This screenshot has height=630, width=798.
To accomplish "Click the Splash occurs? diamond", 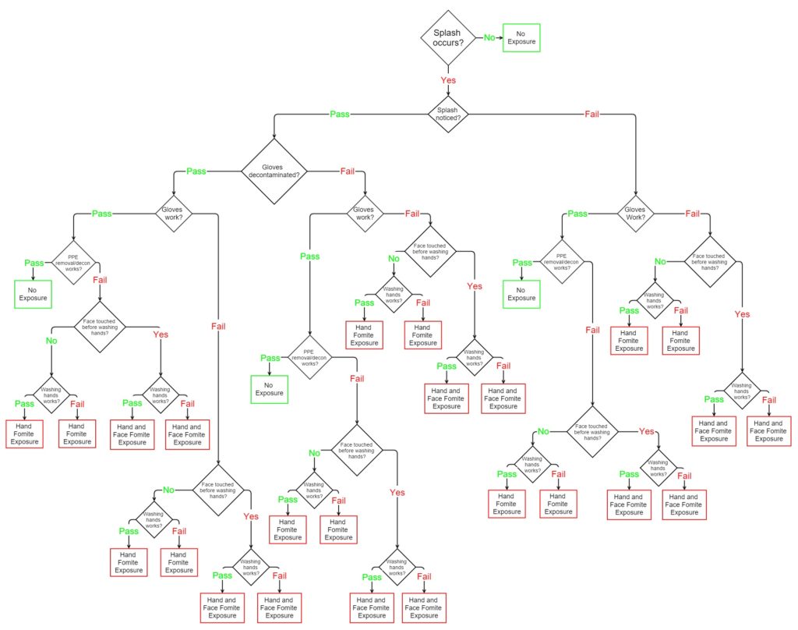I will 448,36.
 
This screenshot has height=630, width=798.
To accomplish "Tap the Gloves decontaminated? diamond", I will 274,171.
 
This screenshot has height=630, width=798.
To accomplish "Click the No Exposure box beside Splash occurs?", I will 521,37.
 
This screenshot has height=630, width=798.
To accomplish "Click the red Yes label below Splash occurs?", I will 448,80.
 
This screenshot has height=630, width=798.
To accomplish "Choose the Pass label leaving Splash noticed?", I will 340,114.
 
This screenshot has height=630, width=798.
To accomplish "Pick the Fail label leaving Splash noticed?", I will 592,114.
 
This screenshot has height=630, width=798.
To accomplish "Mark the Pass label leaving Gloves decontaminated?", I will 196,171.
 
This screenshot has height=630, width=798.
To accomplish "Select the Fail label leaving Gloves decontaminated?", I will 348,171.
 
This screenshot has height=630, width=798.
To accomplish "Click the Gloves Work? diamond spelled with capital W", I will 637,212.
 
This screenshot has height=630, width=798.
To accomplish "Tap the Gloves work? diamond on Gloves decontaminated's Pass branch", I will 171,213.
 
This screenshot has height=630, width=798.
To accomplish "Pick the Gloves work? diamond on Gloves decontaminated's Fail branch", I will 364,213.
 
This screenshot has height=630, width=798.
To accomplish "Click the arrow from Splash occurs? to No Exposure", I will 500,37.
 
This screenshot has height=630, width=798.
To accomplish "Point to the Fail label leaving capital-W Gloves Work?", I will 691,213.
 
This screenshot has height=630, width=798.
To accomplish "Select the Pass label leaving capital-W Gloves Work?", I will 577,213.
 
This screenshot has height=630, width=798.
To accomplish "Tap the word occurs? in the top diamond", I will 448,42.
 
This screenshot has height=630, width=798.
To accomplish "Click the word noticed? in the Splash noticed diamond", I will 448,118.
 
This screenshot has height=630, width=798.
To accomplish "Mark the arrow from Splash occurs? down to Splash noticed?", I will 448,90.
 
